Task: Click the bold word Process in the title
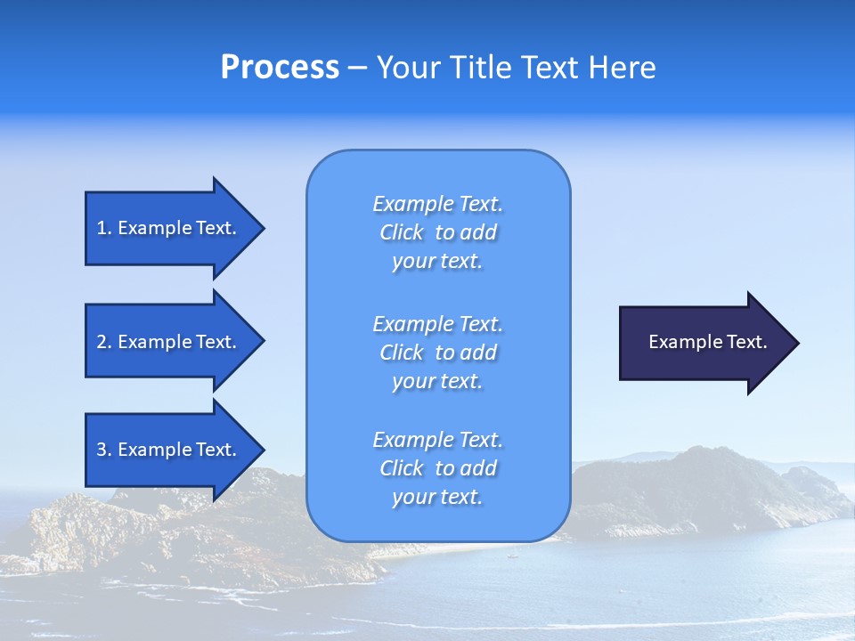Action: pos(280,68)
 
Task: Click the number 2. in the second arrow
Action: pos(103,342)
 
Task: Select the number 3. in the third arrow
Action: pos(103,450)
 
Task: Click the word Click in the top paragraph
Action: pos(402,232)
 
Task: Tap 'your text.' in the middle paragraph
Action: pos(437,381)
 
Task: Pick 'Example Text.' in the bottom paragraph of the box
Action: pos(437,440)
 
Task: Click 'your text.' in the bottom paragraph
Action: pos(437,497)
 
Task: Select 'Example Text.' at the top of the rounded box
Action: pos(437,204)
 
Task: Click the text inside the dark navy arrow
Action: pos(708,342)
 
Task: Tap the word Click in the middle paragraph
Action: pos(402,353)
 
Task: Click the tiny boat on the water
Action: pos(511,556)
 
